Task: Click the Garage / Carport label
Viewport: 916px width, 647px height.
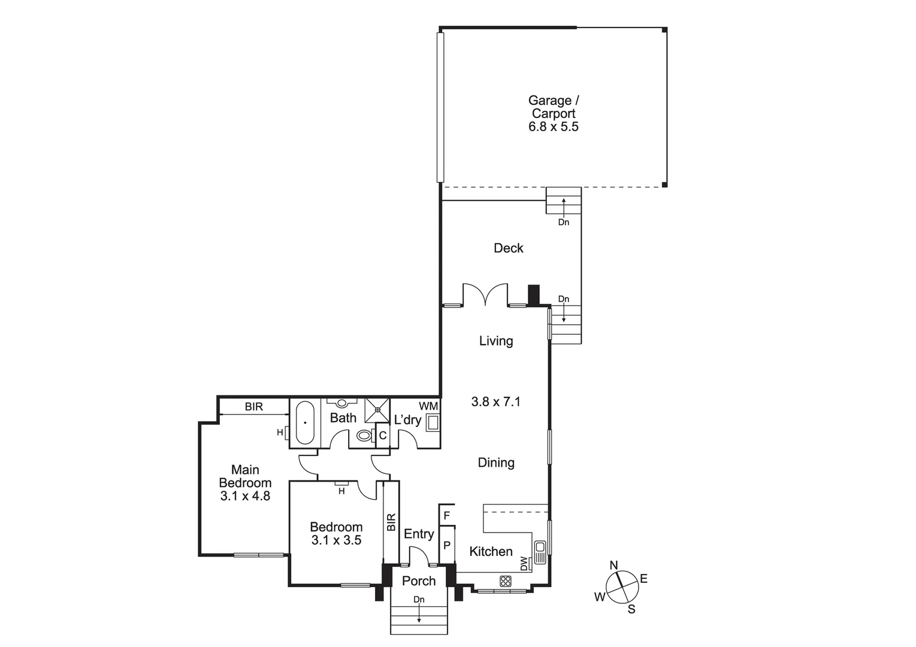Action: [x=553, y=107]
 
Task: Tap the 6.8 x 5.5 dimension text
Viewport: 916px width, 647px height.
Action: [x=553, y=126]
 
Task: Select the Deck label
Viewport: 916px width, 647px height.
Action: [x=508, y=248]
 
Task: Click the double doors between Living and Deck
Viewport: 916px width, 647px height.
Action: [x=485, y=295]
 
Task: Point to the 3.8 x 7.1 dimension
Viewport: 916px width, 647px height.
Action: [x=495, y=401]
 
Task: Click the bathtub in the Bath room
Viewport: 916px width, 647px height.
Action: [x=305, y=423]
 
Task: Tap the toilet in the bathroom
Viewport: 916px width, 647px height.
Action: [x=364, y=436]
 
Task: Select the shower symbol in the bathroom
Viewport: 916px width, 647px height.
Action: [x=377, y=410]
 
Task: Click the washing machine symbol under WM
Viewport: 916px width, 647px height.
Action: [x=432, y=424]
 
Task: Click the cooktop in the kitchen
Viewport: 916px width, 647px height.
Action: [x=506, y=581]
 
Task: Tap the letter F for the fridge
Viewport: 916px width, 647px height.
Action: [x=446, y=515]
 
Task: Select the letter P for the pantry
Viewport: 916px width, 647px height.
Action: [x=446, y=546]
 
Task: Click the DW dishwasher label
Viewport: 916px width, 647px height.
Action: [x=524, y=564]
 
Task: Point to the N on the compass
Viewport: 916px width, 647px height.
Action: [x=613, y=566]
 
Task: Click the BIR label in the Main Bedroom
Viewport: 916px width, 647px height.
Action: [x=253, y=407]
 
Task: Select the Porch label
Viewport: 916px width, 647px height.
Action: [x=419, y=581]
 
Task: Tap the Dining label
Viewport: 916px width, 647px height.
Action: [x=495, y=462]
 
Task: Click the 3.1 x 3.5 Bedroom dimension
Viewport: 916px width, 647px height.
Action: [x=336, y=540]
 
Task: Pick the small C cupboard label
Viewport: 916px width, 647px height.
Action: [x=383, y=436]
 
